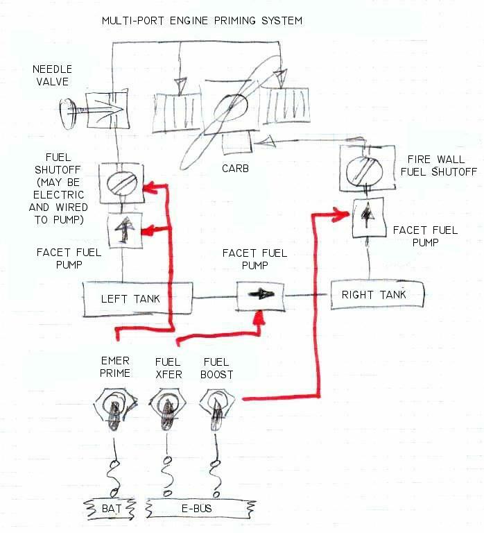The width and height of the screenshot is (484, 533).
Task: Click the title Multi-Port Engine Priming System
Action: point(202,21)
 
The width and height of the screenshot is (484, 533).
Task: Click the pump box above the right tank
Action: point(366,216)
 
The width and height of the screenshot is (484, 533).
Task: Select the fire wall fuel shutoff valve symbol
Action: point(368,170)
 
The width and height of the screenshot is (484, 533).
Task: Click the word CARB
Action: point(235,169)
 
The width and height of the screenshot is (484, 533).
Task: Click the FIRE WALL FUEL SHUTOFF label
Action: point(442,165)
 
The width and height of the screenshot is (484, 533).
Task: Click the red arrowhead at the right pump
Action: point(340,214)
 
